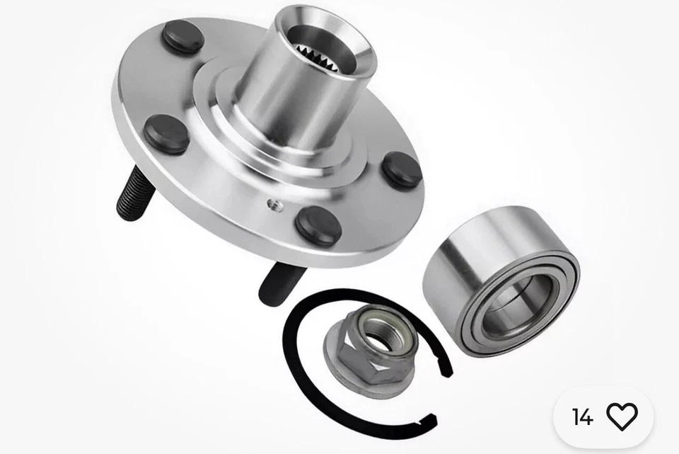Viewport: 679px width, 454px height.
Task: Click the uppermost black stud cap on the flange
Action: tap(182, 37)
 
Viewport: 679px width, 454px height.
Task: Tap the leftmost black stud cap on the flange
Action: tap(167, 135)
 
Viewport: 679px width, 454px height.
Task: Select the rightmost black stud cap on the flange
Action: tap(402, 170)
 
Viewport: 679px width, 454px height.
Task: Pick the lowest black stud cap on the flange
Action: tap(318, 226)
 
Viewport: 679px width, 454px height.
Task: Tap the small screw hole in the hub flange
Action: tap(275, 205)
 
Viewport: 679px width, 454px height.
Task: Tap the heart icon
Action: tap(622, 416)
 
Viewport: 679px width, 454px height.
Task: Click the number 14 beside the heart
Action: tap(582, 417)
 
